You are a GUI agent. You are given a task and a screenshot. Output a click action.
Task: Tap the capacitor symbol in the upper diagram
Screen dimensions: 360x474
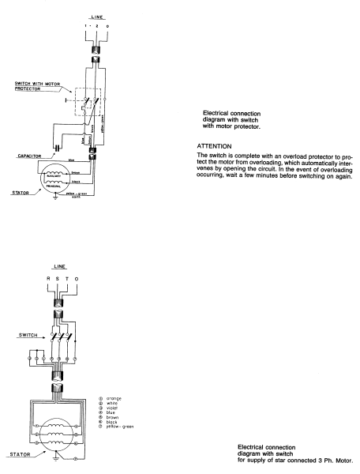coord(57,146)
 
